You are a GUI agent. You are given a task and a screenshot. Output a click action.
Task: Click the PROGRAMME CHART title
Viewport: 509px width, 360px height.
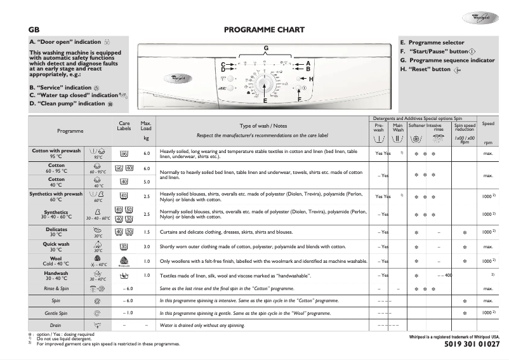(265, 30)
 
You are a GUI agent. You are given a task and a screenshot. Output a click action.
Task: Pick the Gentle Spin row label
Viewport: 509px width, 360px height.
(56, 313)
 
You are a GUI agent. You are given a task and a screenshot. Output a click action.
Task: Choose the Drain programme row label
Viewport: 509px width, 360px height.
(56, 326)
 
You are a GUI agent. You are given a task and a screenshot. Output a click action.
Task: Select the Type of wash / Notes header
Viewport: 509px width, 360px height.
(263, 126)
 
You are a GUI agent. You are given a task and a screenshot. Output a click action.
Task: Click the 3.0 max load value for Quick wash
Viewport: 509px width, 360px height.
(146, 246)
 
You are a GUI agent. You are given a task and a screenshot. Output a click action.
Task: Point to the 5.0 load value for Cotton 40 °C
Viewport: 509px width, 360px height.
(146, 182)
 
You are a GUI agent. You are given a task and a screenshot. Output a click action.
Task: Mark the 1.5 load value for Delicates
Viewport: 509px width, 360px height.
(146, 232)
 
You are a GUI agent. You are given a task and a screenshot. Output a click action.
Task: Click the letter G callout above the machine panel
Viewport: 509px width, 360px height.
(266, 49)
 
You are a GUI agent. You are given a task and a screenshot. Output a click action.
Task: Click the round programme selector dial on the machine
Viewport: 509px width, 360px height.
(266, 84)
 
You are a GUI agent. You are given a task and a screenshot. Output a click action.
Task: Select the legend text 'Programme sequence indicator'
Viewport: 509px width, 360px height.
(451, 60)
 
